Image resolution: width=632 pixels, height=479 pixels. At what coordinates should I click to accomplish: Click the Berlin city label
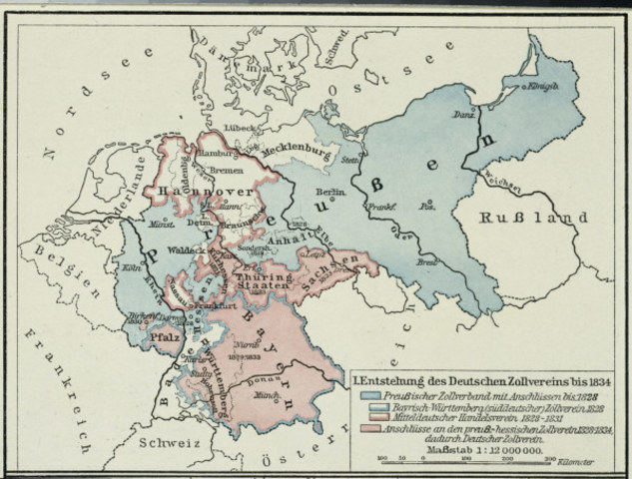[x=330, y=190]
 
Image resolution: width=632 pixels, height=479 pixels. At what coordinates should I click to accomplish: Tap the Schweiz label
[x=170, y=439]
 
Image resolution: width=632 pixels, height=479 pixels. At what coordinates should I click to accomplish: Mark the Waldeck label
[x=187, y=251]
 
